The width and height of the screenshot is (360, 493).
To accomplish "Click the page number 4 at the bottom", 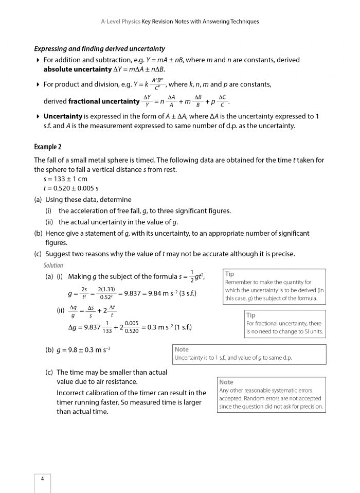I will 42,479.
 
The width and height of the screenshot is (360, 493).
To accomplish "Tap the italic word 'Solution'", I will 53,266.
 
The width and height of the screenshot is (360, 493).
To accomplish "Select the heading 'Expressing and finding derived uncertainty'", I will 99,49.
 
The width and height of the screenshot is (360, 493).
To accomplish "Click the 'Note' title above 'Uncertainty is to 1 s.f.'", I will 182,349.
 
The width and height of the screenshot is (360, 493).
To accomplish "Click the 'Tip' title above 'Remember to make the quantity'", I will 229,274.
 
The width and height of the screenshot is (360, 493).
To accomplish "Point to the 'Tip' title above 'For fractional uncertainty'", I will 250,315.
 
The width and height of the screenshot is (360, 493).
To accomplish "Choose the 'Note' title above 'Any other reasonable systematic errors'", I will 226,382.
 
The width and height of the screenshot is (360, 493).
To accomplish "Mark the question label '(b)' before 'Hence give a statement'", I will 38,233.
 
